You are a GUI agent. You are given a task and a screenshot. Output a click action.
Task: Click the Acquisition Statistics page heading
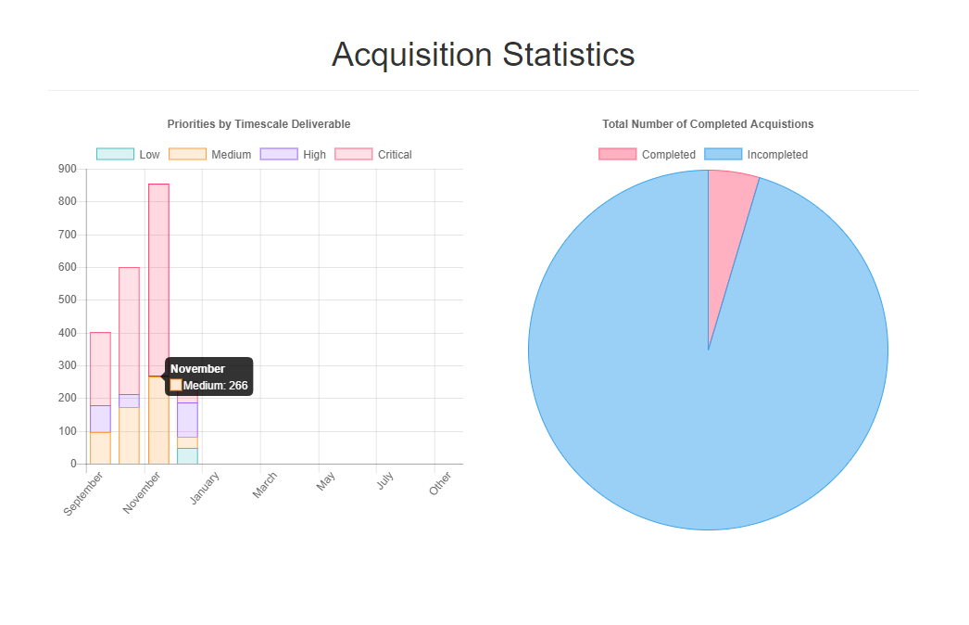click(x=484, y=55)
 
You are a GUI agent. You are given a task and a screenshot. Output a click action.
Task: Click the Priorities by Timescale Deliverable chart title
click(x=258, y=124)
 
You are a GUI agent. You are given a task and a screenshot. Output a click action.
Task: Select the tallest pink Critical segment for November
click(x=158, y=278)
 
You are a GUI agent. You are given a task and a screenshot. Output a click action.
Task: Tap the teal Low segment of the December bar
click(x=187, y=455)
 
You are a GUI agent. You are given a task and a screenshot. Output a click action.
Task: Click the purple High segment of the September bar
click(x=100, y=418)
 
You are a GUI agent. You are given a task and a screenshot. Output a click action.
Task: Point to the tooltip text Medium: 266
click(x=215, y=386)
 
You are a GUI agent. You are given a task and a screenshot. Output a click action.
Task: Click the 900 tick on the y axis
click(x=67, y=169)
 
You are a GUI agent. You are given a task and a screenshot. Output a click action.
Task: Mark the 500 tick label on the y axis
click(x=67, y=300)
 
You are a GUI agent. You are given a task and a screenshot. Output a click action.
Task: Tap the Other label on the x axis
click(x=441, y=483)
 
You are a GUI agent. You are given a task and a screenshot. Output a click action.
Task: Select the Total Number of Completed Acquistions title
click(x=708, y=124)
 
